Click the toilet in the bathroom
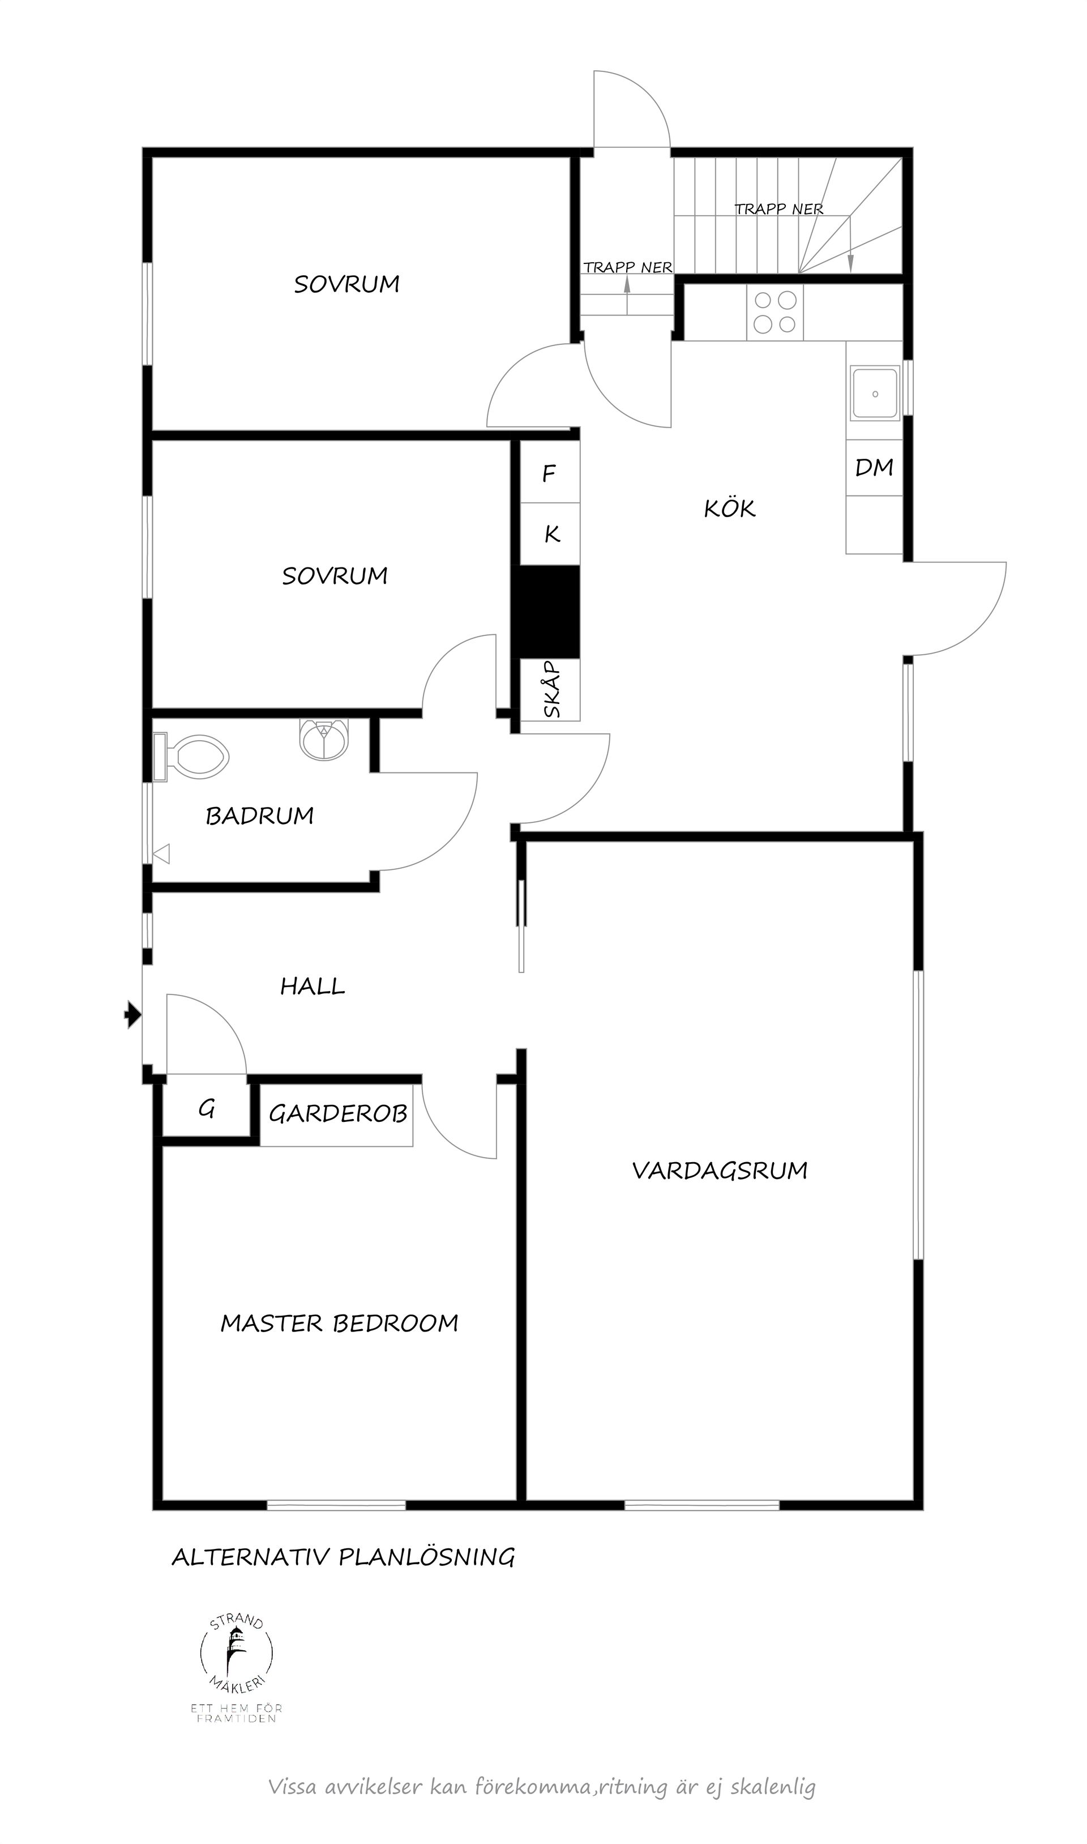click(196, 757)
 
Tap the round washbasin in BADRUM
click(324, 740)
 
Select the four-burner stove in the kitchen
click(775, 312)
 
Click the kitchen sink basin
click(875, 394)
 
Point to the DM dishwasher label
click(874, 467)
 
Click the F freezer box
click(549, 473)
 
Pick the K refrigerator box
click(551, 534)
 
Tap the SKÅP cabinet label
click(551, 689)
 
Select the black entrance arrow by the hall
click(132, 1015)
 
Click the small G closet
click(207, 1110)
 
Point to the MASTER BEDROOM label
click(339, 1323)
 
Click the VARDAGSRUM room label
click(720, 1171)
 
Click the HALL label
click(312, 986)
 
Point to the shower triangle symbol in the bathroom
click(162, 853)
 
